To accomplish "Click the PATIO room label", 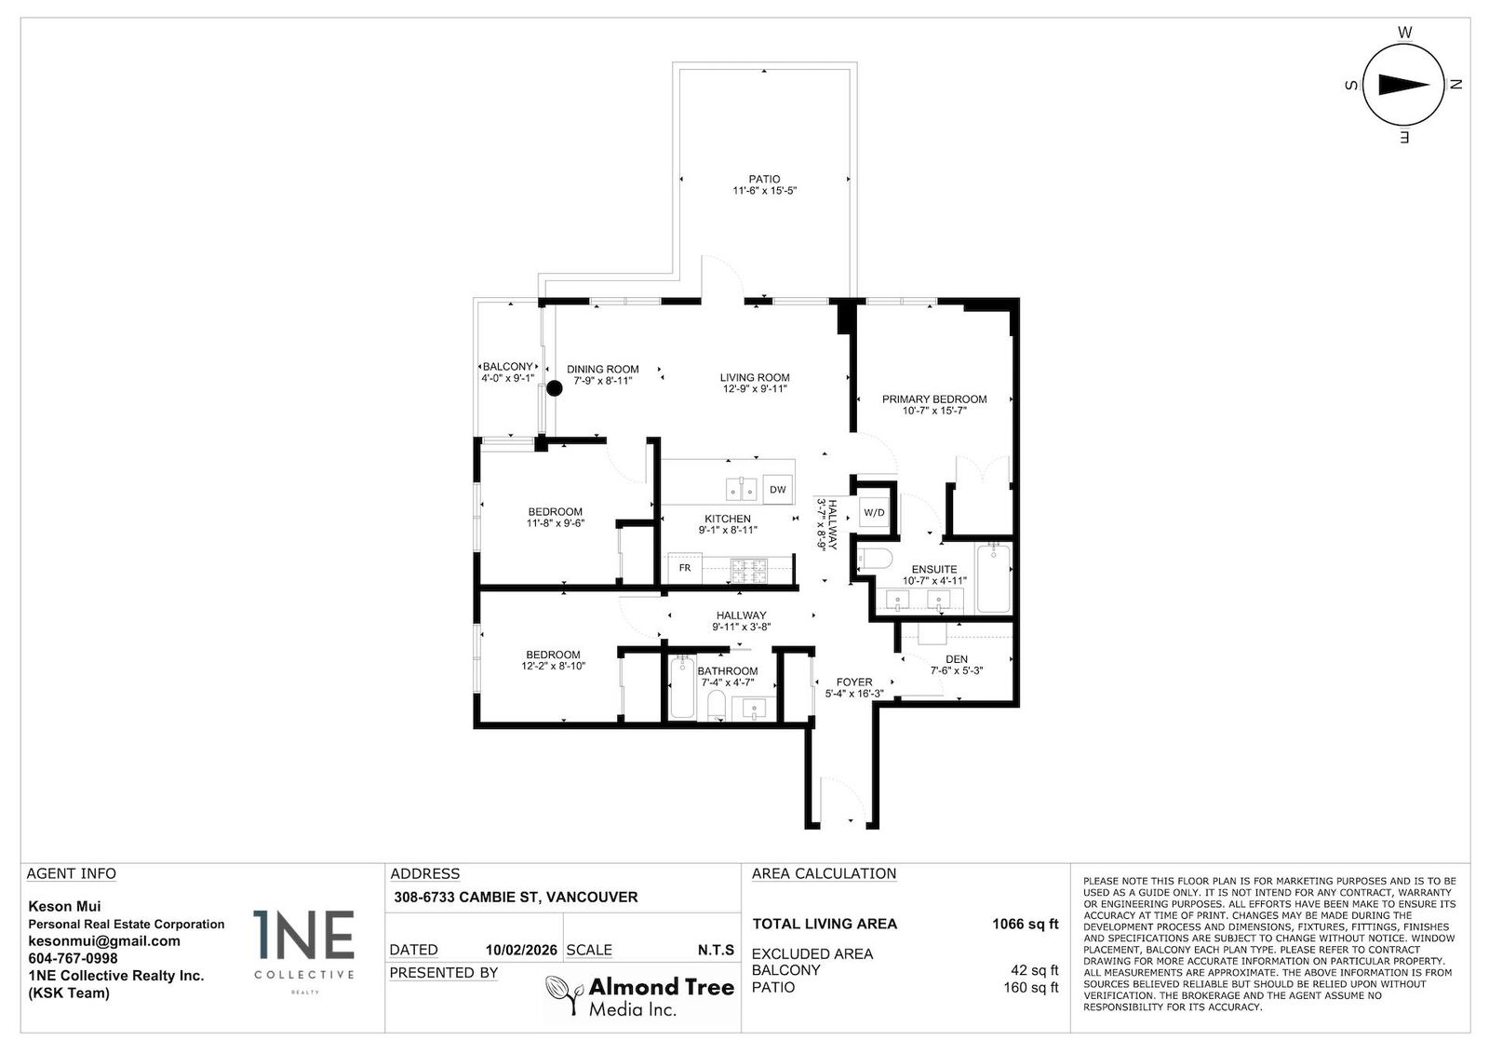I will point(764,179).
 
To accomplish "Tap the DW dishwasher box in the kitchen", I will point(777,490).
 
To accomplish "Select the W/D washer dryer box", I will point(874,513).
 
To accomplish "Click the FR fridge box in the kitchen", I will point(684,568).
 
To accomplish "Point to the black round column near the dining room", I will point(554,389).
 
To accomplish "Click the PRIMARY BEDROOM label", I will point(934,399).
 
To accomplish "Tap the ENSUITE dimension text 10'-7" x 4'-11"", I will point(934,580).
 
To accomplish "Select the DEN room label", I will point(956,659).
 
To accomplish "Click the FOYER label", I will point(853,682).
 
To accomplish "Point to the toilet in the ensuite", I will point(874,559).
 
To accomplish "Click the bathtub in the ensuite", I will point(993,577).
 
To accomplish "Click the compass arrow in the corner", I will point(1403,85).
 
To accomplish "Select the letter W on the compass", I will point(1404,33).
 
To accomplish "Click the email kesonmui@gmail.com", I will point(104,941).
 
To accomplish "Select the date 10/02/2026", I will point(521,951).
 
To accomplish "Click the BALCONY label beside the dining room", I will point(507,367).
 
